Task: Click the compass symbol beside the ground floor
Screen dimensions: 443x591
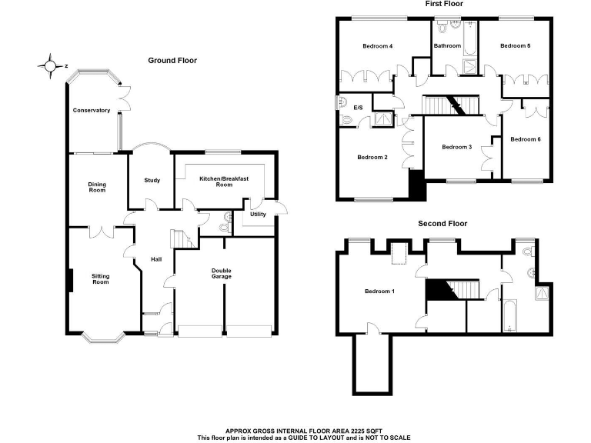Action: (x=50, y=66)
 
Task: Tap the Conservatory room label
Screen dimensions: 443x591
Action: (x=92, y=111)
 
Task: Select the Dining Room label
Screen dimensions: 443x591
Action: (x=97, y=187)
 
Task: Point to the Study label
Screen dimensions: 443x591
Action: (x=152, y=181)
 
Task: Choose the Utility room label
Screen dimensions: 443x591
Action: (x=258, y=214)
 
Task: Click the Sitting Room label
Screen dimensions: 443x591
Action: (x=101, y=278)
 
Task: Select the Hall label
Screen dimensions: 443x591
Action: (x=156, y=259)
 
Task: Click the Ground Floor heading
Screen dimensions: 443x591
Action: (x=173, y=60)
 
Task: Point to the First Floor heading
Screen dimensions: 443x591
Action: (x=444, y=5)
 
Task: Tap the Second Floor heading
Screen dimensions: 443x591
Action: (x=442, y=224)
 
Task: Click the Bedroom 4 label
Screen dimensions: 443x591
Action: (x=378, y=46)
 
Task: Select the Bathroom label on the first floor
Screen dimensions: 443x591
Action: (x=447, y=46)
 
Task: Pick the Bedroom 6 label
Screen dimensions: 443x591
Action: (x=526, y=139)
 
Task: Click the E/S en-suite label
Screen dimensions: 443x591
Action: (x=358, y=108)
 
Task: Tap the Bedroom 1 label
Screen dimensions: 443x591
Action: (x=379, y=291)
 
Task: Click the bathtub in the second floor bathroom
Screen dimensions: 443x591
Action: (x=509, y=316)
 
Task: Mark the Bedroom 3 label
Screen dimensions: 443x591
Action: (x=456, y=147)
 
